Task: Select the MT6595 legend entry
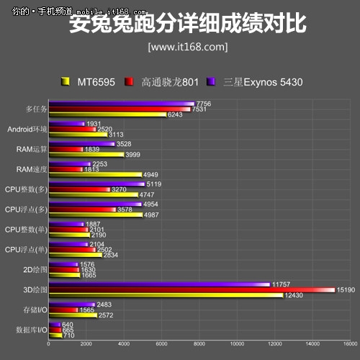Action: point(94,81)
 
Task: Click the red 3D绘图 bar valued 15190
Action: point(191,290)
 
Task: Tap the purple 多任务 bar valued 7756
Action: point(120,104)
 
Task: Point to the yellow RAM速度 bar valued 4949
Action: point(94,174)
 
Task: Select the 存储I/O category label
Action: point(32,310)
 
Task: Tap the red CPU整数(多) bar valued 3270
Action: point(78,189)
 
